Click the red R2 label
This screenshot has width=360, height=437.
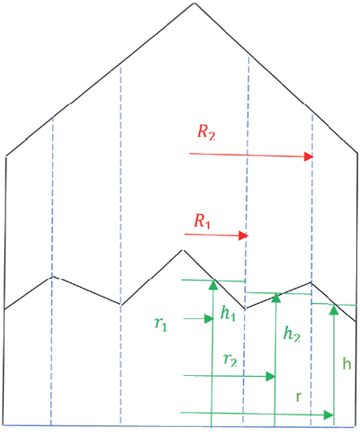tap(206, 132)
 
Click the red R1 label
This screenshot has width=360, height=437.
tap(202, 221)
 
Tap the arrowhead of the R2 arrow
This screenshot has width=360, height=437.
tap(309, 156)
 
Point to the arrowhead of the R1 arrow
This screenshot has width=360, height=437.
tap(244, 236)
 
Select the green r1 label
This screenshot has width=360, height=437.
tap(161, 324)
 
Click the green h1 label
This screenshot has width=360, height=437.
tap(228, 313)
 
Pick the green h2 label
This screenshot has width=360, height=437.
tap(292, 334)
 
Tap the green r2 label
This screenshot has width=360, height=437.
tap(230, 360)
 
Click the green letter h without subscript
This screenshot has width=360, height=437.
tap(346, 363)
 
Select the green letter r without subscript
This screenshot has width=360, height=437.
tap(299, 397)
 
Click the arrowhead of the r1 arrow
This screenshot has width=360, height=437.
tap(209, 319)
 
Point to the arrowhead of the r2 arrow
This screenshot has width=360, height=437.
tap(271, 376)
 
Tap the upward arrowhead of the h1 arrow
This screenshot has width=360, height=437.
tap(213, 285)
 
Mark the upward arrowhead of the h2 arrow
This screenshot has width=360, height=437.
tap(276, 298)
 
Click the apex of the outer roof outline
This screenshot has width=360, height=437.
tap(194, 3)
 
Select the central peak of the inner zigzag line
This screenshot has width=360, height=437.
tap(183, 250)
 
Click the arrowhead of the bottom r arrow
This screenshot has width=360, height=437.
tap(329, 415)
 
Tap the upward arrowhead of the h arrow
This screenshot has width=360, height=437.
tap(334, 309)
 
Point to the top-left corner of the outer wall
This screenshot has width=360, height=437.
tap(6, 156)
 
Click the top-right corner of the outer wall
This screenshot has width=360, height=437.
tap(357, 154)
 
